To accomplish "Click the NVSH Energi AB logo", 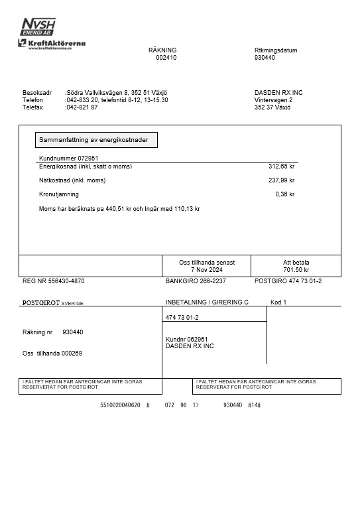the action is click(x=38, y=27).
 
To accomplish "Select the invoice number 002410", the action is click(x=166, y=58).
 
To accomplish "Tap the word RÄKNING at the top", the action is click(x=162, y=50).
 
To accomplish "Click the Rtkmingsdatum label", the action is click(x=275, y=50).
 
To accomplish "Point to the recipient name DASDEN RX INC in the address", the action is click(x=278, y=92).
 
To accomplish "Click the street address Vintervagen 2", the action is click(x=273, y=99).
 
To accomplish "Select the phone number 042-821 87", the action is click(x=82, y=107).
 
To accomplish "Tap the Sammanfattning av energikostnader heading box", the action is click(x=96, y=140).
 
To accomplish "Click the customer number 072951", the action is click(x=88, y=158).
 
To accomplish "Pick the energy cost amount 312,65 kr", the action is click(x=281, y=166).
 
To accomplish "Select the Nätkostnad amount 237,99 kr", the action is click(x=281, y=180).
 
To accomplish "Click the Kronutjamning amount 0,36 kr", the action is click(x=284, y=194).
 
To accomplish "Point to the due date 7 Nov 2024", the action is click(x=206, y=270).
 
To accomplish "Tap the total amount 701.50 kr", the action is click(x=296, y=270).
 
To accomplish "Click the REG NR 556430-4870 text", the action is click(x=54, y=281).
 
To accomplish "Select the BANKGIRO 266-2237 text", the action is click(x=196, y=281).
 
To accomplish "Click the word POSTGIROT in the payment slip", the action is click(x=41, y=302).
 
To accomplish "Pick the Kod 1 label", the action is click(x=278, y=302).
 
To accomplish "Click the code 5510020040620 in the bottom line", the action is click(x=120, y=405).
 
